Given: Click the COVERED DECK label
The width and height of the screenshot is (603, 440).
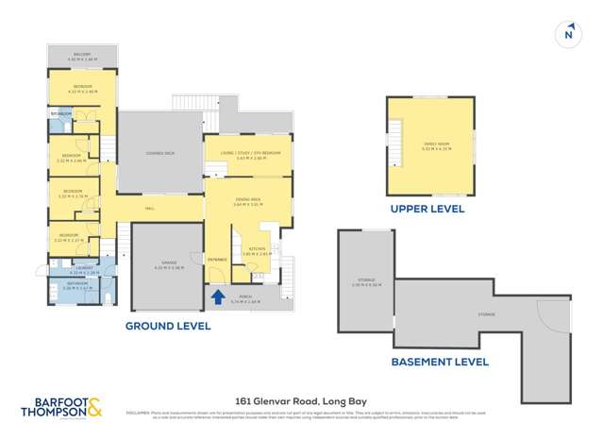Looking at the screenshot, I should click(x=160, y=153).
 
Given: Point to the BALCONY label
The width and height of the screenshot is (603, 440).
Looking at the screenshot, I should click(x=82, y=56).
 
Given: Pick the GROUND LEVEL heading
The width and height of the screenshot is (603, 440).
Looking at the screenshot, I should click(x=168, y=326).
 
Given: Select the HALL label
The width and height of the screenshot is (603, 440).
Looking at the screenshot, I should click(x=149, y=209).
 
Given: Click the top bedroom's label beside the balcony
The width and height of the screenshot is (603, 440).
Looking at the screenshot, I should click(x=82, y=88).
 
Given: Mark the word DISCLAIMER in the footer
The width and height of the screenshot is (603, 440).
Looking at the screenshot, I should click(x=139, y=413).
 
